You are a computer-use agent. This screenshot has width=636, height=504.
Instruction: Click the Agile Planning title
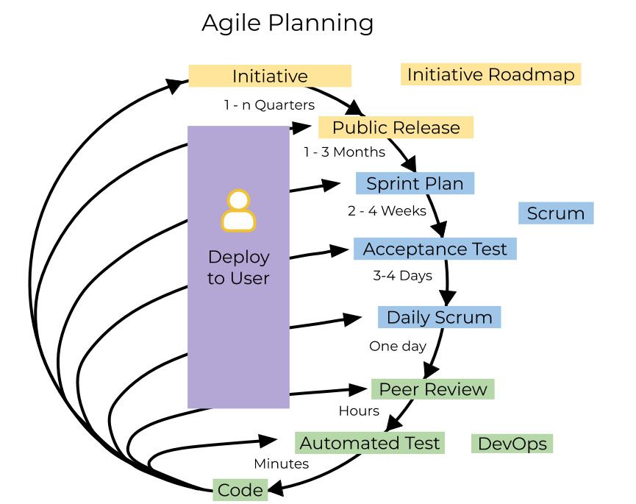287,24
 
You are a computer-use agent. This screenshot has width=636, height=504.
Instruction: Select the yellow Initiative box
270,76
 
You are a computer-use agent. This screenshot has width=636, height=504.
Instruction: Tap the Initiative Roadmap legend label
490,74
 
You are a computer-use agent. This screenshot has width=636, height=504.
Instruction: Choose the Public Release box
396,127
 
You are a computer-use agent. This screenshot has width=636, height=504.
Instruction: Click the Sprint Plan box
415,183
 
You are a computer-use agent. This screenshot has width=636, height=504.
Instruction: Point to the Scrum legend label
556,213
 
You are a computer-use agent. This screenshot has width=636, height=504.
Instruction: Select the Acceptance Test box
435,249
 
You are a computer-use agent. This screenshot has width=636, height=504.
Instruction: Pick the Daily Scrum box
439,317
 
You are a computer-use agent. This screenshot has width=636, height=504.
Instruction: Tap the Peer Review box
432,388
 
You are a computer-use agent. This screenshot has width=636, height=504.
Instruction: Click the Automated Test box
370,443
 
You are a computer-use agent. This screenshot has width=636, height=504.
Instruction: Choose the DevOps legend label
512,444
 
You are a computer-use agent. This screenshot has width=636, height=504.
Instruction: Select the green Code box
240,490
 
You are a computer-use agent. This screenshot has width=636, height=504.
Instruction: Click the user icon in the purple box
238,211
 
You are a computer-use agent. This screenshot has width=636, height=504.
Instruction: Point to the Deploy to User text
238,268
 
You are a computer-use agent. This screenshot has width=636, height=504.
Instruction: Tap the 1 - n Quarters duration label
269,104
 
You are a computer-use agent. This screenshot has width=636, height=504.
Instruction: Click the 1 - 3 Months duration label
344,152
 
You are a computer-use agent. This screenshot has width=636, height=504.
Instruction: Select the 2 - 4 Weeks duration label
387,210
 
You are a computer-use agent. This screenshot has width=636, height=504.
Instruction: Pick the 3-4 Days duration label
402,276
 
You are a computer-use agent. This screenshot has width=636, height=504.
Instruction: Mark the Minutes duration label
281,464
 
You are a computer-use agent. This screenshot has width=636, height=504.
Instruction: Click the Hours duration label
359,411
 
